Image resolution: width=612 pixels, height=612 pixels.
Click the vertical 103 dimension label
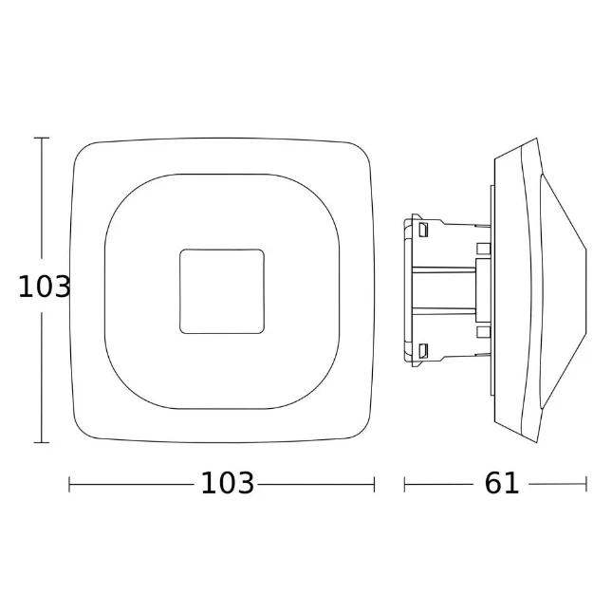(44, 287)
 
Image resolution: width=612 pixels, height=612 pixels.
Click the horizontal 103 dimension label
(227, 483)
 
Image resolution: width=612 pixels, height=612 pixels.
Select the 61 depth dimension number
(502, 483)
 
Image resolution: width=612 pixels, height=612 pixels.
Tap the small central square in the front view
(222, 291)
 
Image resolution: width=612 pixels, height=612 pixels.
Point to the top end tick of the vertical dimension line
(42, 138)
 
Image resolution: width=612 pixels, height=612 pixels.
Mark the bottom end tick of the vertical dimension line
(42, 442)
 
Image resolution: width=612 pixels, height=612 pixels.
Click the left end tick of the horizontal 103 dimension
(69, 484)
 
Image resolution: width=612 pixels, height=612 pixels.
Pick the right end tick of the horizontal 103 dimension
(374, 484)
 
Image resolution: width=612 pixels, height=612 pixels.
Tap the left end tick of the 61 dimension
(405, 484)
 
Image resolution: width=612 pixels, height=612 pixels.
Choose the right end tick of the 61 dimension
(586, 484)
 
